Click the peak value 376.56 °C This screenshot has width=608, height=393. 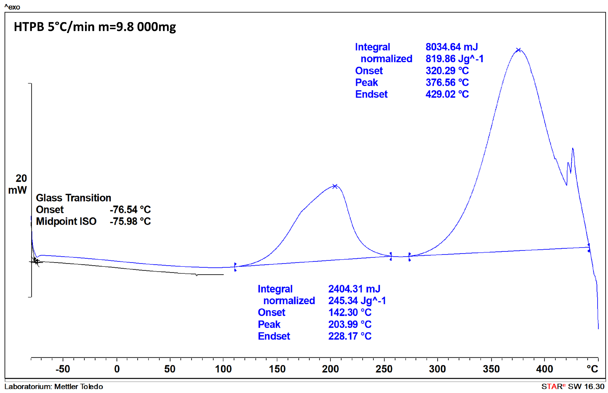pyautogui.click(x=447, y=82)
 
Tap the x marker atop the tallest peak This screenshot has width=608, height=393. pyautogui.click(x=518, y=50)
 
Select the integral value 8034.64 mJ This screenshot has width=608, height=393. pyautogui.click(x=451, y=47)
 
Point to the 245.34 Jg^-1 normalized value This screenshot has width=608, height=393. pyautogui.click(x=357, y=301)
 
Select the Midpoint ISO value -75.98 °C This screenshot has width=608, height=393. pyautogui.click(x=130, y=221)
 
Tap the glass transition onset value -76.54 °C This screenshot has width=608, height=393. pyautogui.click(x=130, y=209)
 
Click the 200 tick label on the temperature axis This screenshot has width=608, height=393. pyautogui.click(x=330, y=369)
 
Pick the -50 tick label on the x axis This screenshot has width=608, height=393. pyautogui.click(x=63, y=369)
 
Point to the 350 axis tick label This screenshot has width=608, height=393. pyautogui.click(x=491, y=369)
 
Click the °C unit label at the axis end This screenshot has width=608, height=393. pyautogui.click(x=592, y=369)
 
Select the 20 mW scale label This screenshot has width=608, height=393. pyautogui.click(x=18, y=184)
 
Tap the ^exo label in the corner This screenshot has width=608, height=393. pyautogui.click(x=12, y=7)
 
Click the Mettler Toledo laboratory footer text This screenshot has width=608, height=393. pyautogui.click(x=54, y=387)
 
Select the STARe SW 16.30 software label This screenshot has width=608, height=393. pyautogui.click(x=573, y=387)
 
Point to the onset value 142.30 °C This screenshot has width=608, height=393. pyautogui.click(x=350, y=312)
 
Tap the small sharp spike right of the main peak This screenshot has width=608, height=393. pyautogui.click(x=573, y=149)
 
